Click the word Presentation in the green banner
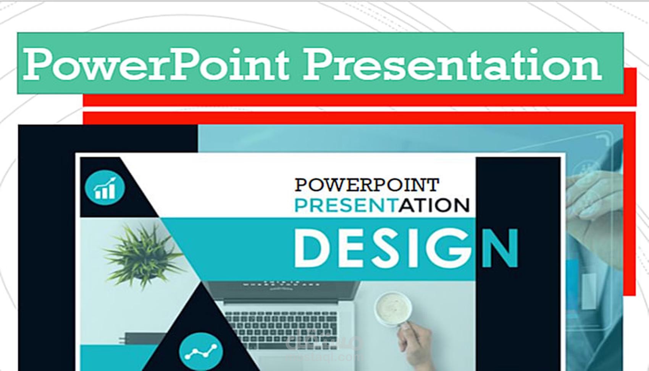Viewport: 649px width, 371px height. pos(453,64)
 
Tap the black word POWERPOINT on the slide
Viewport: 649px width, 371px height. pos(366,185)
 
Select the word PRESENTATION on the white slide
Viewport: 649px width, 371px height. pos(382,205)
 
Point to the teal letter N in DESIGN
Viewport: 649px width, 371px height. pos(500,249)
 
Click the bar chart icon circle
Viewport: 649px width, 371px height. pos(105,188)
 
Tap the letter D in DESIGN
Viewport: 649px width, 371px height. pos(311,249)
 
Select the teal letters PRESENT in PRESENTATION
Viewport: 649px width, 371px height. pos(345,205)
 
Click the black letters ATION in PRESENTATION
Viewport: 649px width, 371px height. pos(434,205)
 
